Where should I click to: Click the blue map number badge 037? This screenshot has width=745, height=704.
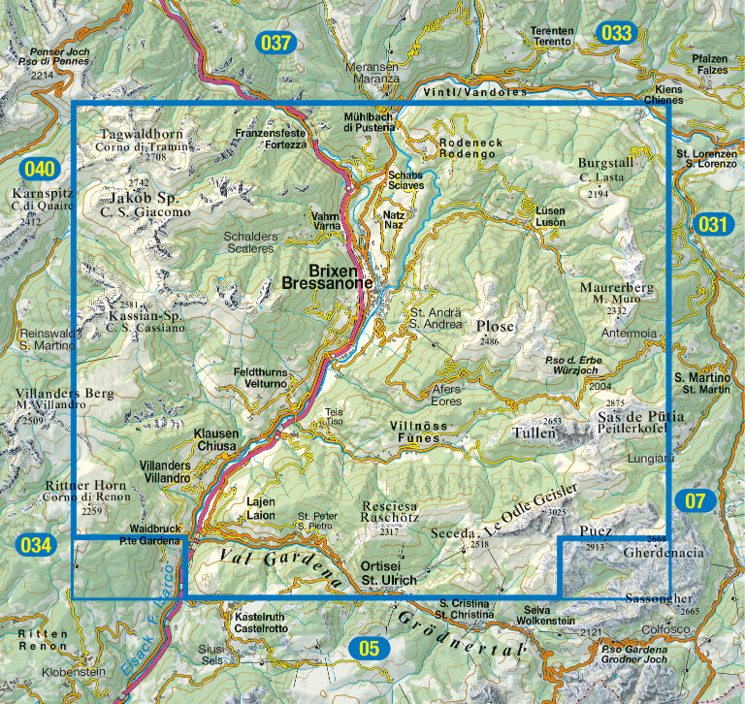click(x=275, y=42)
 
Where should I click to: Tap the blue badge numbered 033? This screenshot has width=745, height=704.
click(x=615, y=33)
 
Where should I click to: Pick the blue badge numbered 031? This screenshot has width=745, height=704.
click(x=711, y=225)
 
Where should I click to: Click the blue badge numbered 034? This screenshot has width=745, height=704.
click(x=33, y=544)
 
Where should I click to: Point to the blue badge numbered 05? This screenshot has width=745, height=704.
click(x=369, y=648)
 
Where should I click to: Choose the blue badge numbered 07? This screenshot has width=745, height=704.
click(x=695, y=500)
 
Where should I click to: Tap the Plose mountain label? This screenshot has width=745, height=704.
click(x=495, y=327)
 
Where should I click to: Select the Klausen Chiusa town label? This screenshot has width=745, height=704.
click(x=215, y=439)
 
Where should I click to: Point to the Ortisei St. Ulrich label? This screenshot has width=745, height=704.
click(x=387, y=573)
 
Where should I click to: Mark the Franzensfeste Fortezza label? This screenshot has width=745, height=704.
click(x=272, y=139)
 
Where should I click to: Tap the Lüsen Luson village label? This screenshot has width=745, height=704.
click(x=550, y=215)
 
